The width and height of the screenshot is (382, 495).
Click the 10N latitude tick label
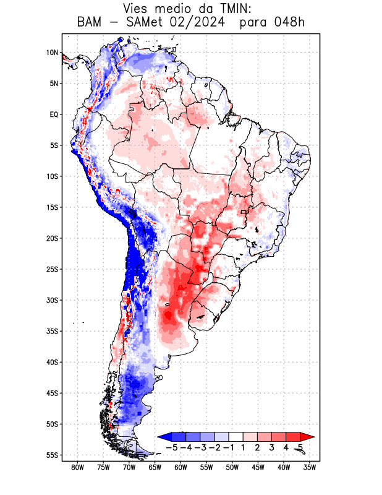point(52,53)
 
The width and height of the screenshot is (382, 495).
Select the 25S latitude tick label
point(51,269)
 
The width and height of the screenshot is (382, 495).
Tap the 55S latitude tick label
point(51,455)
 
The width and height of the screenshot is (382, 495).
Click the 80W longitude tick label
point(77,468)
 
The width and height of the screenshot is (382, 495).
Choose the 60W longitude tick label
point(180,468)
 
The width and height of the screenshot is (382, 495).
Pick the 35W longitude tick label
point(310,468)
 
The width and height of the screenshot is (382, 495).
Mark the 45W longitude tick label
point(258,468)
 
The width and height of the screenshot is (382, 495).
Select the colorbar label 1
point(244,447)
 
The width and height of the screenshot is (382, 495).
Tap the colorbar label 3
point(272,447)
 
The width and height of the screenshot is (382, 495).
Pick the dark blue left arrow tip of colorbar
point(163,437)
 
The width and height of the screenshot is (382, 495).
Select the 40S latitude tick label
point(51,362)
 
